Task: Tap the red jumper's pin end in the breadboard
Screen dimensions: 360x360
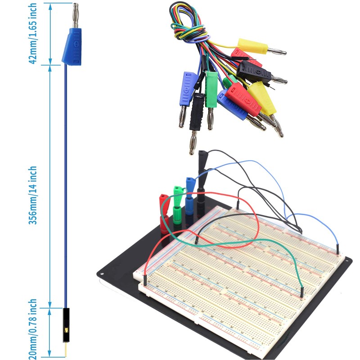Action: [146, 278]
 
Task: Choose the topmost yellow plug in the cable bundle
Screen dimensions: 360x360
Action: [250, 45]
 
